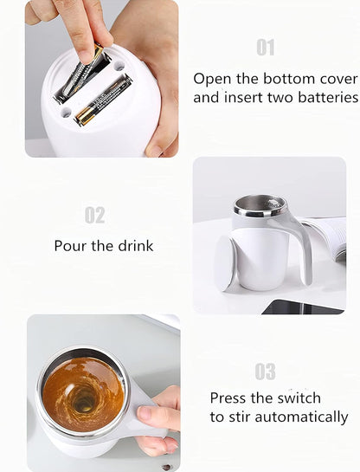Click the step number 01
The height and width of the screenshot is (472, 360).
(x=265, y=48)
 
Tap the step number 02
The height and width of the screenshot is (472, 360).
(x=94, y=215)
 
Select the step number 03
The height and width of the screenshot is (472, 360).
(x=265, y=372)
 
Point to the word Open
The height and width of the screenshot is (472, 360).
(x=213, y=78)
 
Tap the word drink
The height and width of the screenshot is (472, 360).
(x=134, y=246)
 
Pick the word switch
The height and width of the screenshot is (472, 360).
(x=296, y=398)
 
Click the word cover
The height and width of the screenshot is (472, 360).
(x=333, y=78)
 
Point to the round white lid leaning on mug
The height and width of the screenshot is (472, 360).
(x=225, y=263)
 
